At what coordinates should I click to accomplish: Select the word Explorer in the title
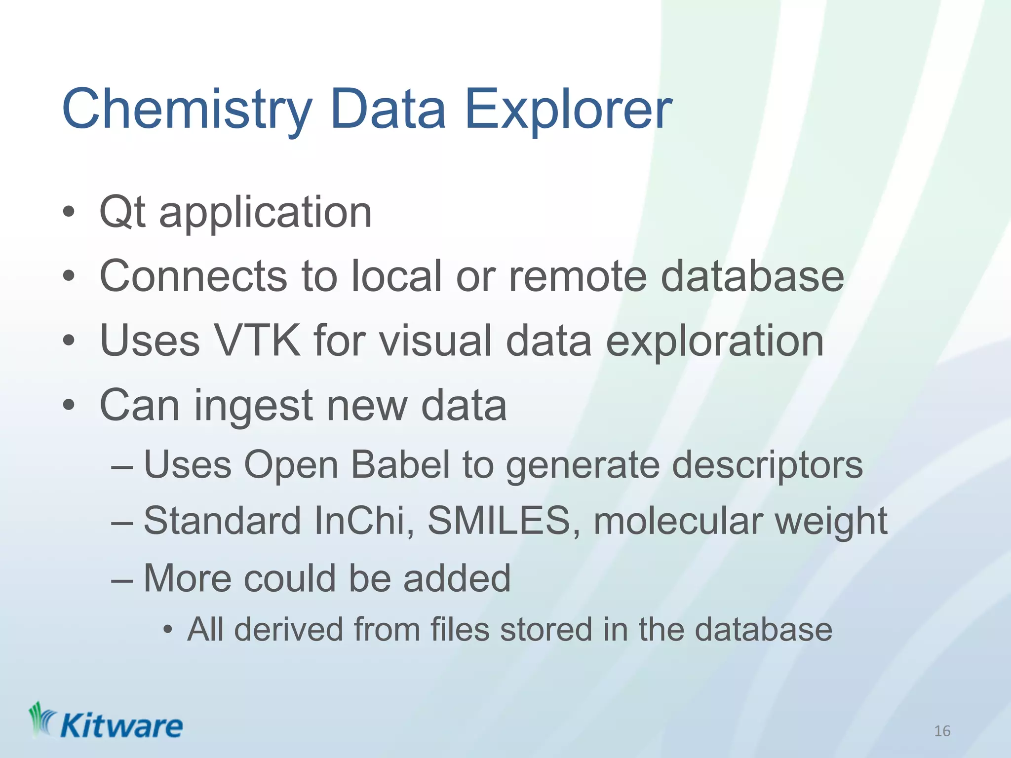568,110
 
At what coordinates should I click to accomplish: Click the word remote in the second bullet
577,276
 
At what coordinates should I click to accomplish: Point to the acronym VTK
257,341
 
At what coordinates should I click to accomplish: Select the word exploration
714,341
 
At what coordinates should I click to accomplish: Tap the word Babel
400,465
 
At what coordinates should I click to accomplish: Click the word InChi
364,521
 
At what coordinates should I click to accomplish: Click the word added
457,578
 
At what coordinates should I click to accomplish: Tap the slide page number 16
942,731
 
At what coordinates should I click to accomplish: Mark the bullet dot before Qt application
69,213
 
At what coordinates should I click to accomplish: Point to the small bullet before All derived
168,631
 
